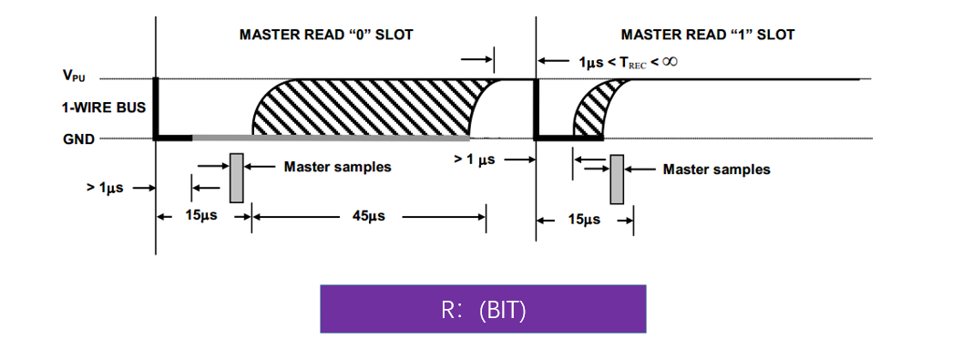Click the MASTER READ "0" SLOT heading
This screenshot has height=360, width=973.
[326, 35]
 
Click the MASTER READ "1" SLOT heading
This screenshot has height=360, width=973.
[707, 35]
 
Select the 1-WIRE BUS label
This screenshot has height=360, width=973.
[104, 108]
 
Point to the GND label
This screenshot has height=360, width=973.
[79, 139]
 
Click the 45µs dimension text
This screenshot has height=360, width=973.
[368, 217]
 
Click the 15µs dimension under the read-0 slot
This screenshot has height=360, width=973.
[200, 217]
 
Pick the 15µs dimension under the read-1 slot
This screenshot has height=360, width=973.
[583, 220]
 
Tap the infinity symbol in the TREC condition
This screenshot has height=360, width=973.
[669, 61]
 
